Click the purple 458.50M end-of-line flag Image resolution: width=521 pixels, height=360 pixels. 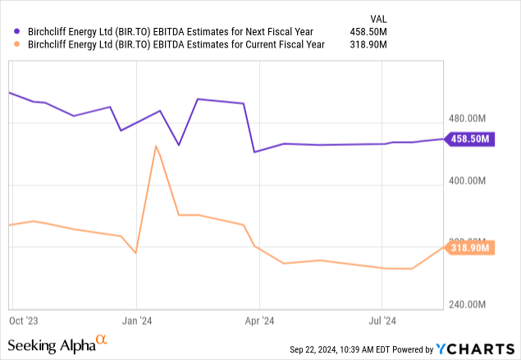[x=470, y=139]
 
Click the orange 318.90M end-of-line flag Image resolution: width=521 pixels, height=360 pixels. [x=470, y=247]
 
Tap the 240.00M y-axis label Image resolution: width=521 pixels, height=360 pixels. [x=471, y=304]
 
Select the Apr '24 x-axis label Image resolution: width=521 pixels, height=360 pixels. [x=258, y=320]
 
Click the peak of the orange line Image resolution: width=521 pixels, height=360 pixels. [x=156, y=146]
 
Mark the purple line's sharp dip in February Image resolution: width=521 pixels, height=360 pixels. [x=180, y=145]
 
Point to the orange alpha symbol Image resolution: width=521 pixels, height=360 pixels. [x=101, y=339]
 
